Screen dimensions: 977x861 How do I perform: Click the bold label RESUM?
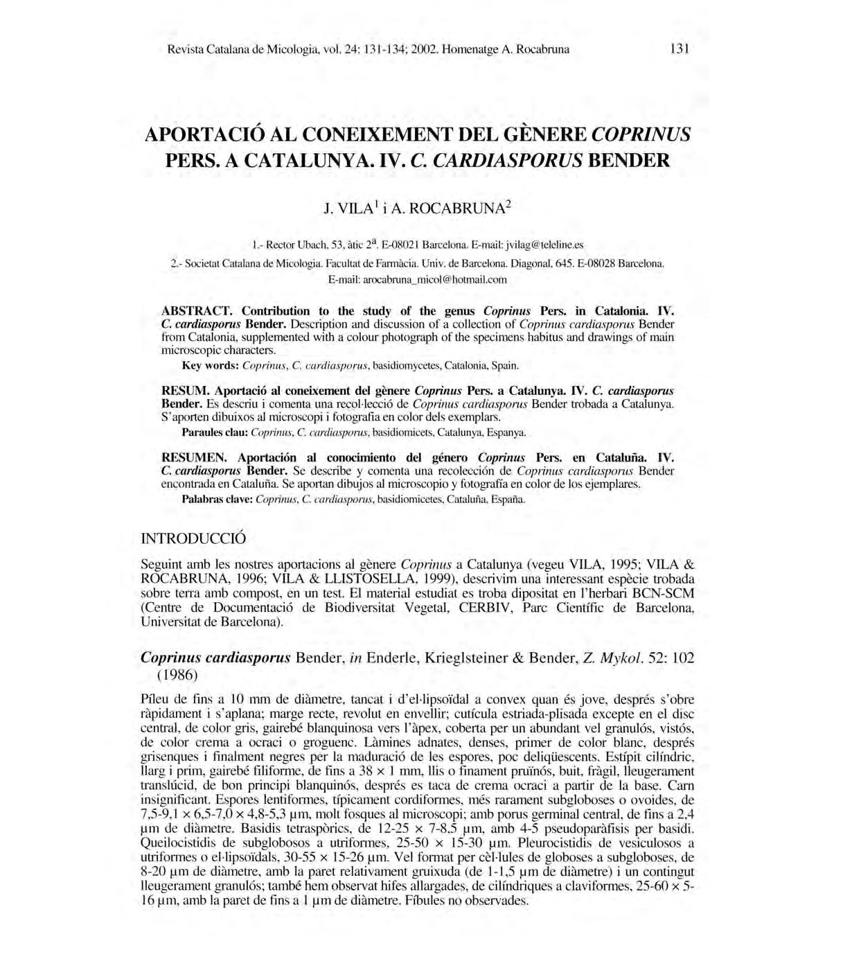pos(181,390)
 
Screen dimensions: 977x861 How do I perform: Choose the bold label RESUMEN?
pos(193,457)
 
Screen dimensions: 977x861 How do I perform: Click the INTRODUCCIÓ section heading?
pos(193,538)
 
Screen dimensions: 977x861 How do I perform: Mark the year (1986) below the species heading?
pos(177,674)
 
